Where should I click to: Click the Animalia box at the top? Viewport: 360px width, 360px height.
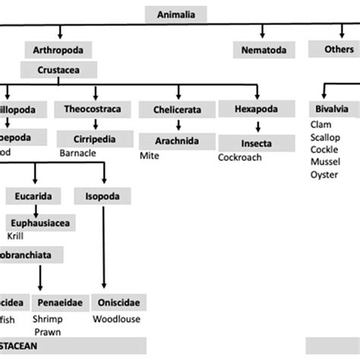[x=179, y=14]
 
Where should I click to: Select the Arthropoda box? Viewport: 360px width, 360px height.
[x=58, y=50]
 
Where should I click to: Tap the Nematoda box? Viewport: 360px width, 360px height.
[x=262, y=50]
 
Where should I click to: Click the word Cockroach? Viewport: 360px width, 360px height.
[x=239, y=157]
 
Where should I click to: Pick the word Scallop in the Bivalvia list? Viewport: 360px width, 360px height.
[x=327, y=137]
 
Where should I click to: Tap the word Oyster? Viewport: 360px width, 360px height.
[x=324, y=175]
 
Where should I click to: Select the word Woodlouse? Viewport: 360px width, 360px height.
[x=116, y=319]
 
